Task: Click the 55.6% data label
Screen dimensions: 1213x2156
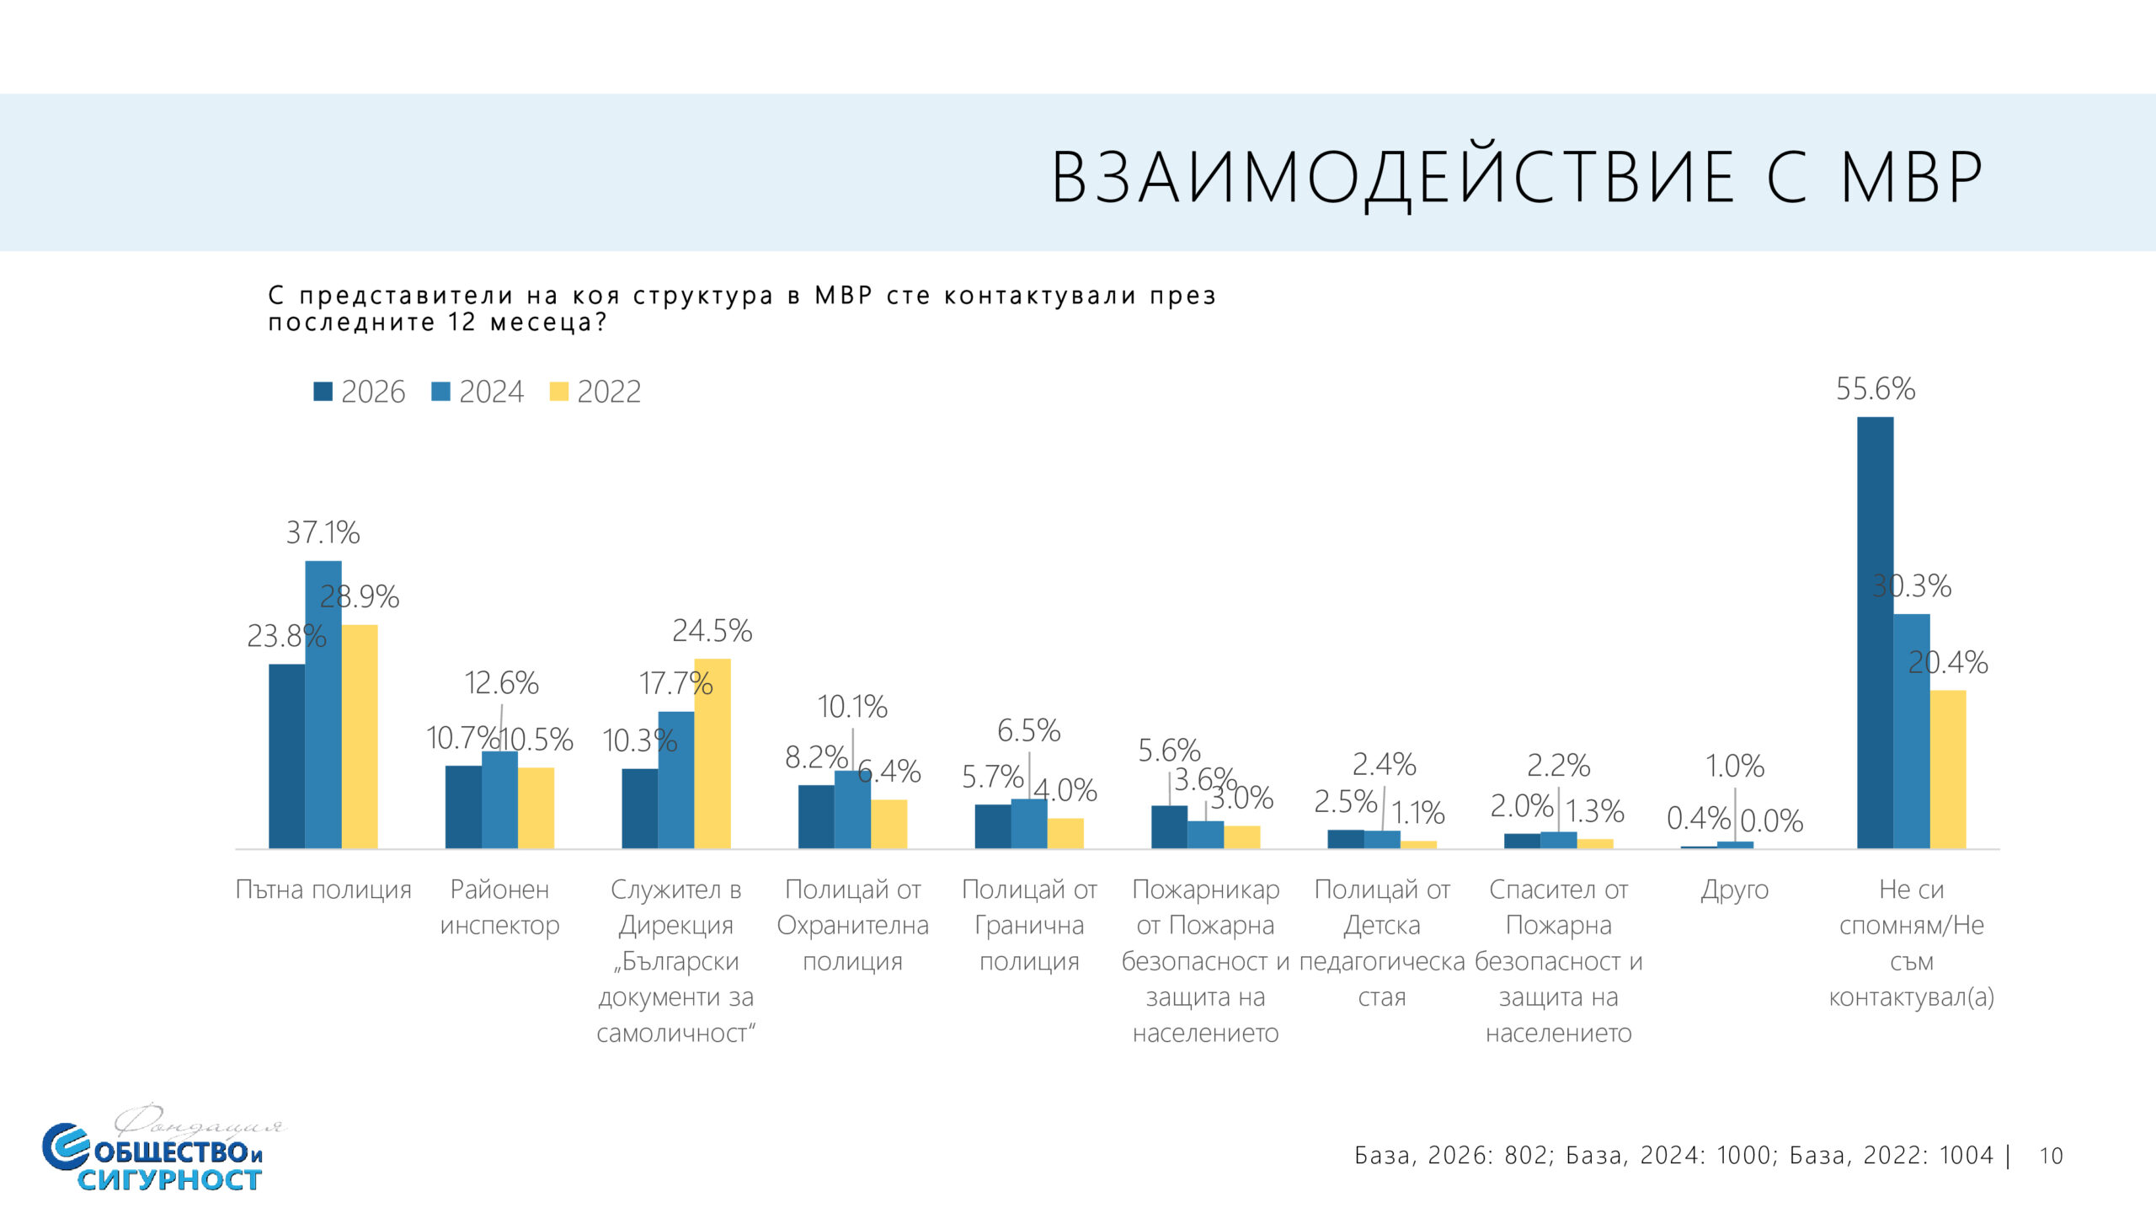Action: point(1875,389)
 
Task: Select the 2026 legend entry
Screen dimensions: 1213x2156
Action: point(360,392)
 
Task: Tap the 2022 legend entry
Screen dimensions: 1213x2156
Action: point(595,392)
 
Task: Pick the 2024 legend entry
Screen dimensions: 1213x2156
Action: point(478,392)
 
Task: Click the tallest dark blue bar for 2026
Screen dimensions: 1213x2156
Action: point(1875,632)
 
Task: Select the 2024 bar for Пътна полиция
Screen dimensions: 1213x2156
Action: point(323,704)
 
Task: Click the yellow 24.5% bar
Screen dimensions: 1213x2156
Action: point(712,753)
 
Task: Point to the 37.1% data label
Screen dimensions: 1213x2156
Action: point(323,532)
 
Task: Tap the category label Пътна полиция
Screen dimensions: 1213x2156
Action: point(323,890)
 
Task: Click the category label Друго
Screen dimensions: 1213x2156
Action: point(1735,890)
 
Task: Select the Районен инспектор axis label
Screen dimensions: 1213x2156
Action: point(499,907)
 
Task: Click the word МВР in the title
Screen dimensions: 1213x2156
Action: point(1912,179)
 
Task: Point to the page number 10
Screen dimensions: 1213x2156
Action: point(2051,1156)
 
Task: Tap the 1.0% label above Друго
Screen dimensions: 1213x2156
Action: point(1735,766)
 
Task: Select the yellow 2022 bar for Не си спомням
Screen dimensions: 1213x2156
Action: point(1948,769)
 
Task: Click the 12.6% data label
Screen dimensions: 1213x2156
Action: point(501,683)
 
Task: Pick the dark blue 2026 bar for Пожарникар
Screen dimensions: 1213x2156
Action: point(1169,826)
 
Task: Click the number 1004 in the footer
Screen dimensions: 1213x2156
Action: point(1961,1155)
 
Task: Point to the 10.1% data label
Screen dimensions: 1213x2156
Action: point(852,707)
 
